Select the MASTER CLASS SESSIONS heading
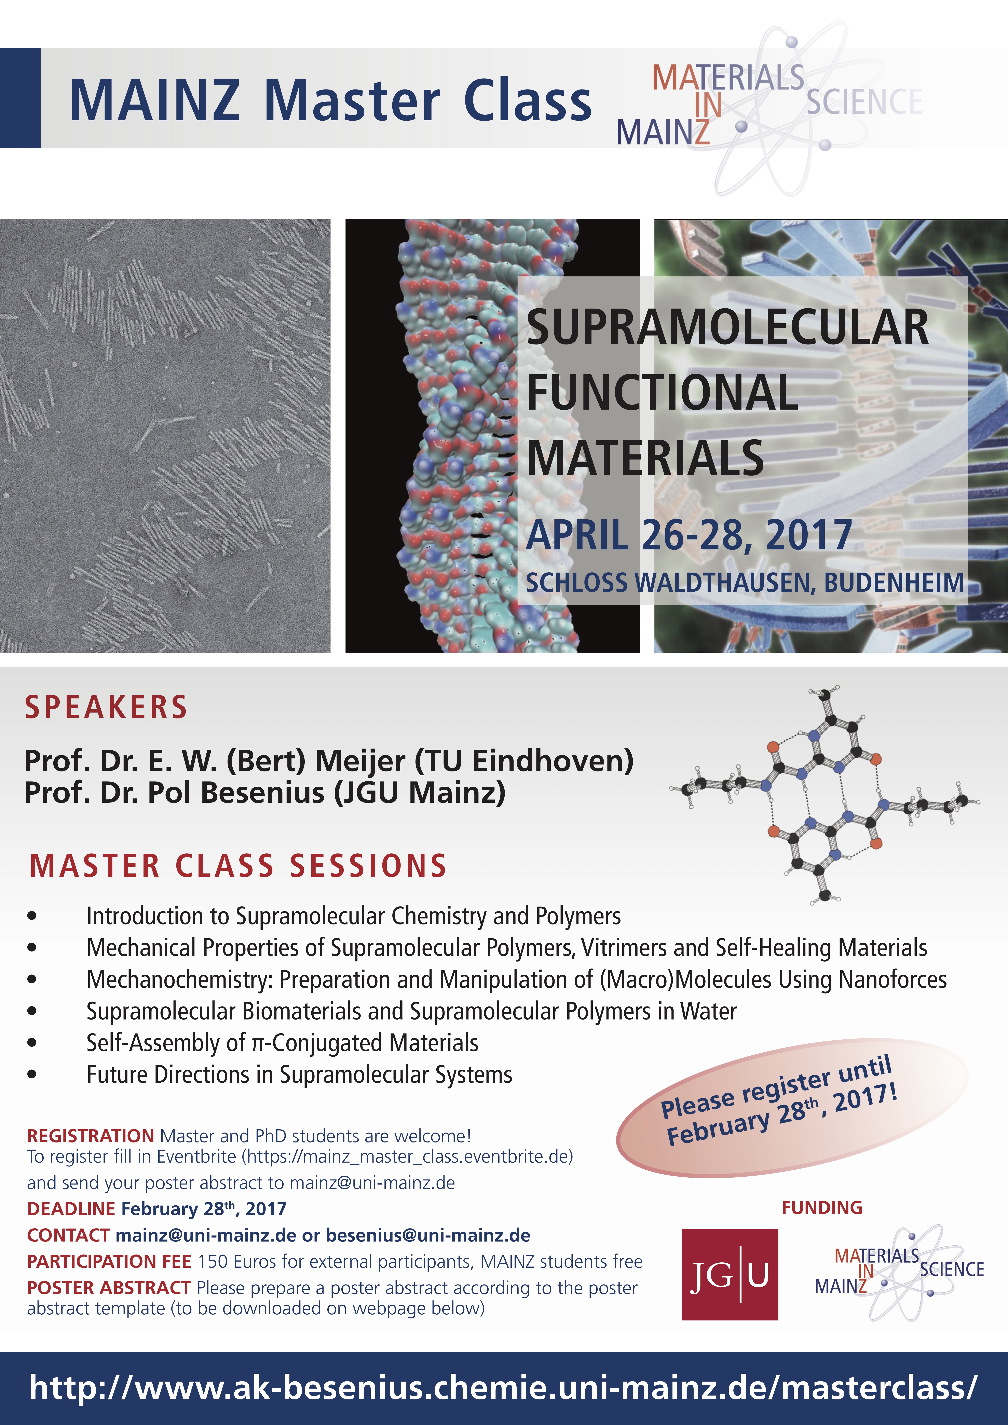tap(238, 866)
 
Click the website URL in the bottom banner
tap(503, 1387)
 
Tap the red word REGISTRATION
tap(91, 1136)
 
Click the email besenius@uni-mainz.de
tap(428, 1235)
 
